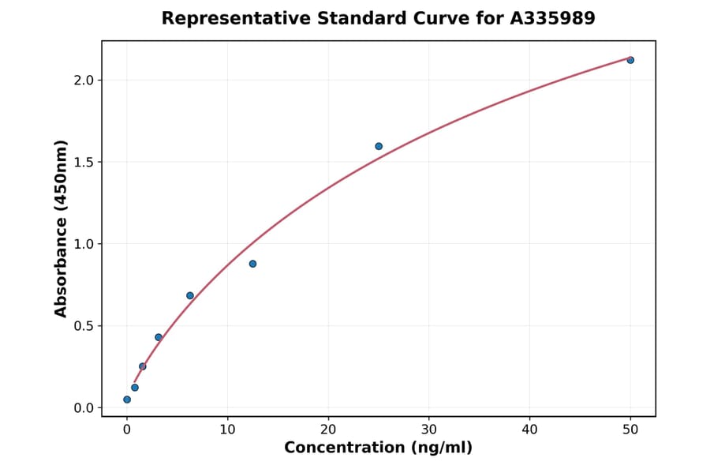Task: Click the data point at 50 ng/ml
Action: tap(630, 60)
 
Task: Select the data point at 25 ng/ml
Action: tap(379, 146)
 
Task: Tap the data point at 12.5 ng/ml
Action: tap(252, 264)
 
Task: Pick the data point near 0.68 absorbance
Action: tap(190, 295)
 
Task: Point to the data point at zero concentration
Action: tap(127, 400)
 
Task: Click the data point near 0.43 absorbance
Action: tap(159, 337)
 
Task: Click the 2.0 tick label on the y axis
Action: tap(83, 81)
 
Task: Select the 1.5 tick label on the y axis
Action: tap(83, 162)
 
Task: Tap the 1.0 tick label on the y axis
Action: tap(83, 244)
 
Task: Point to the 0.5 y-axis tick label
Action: tap(83, 326)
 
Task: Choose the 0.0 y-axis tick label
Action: tap(83, 408)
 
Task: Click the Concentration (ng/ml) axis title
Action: tap(378, 448)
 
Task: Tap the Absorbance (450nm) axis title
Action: tap(62, 228)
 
